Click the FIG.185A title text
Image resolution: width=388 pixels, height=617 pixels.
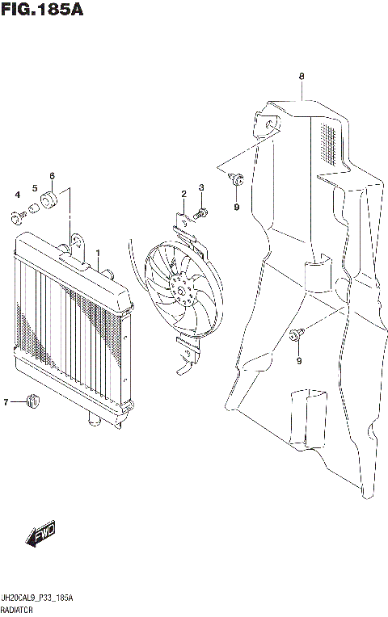[41, 10]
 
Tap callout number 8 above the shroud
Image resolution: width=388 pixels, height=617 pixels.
[301, 78]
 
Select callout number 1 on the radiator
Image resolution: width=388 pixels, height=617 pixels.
[98, 253]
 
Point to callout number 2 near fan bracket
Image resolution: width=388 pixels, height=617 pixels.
[183, 194]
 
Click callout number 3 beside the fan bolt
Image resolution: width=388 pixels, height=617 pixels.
[201, 188]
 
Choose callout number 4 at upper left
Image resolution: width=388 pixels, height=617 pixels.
[16, 195]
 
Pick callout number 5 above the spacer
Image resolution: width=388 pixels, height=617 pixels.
[35, 188]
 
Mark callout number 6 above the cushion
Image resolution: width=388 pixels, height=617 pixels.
[52, 175]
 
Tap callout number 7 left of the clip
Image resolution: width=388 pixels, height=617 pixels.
[6, 401]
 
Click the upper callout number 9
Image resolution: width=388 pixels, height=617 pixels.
[237, 208]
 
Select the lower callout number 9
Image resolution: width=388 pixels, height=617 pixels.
[298, 360]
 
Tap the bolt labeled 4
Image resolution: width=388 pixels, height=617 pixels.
[17, 216]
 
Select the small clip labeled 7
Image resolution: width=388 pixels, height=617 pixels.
[34, 398]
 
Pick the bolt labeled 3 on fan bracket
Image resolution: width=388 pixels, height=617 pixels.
[200, 213]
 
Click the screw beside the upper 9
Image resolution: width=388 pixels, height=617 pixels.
[235, 179]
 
